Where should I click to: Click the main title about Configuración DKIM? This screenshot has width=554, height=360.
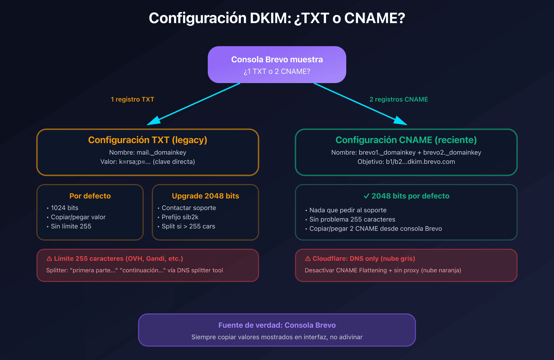click(x=277, y=18)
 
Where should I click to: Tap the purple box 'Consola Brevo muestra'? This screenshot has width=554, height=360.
click(x=277, y=65)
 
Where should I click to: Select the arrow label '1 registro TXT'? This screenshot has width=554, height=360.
click(x=132, y=99)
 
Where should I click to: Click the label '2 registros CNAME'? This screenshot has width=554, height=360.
click(x=398, y=99)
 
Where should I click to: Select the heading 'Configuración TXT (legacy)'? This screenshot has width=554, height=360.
click(x=147, y=140)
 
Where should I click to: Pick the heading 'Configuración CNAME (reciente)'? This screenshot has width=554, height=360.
click(x=406, y=140)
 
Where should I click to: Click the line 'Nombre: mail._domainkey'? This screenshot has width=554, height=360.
click(x=147, y=152)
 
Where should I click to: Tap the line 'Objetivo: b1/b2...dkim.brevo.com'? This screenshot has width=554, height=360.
click(x=406, y=162)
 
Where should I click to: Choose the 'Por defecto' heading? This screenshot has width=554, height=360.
click(x=90, y=196)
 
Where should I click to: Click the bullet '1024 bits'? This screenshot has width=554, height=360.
click(x=64, y=208)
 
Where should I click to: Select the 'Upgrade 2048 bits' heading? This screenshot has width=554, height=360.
click(x=205, y=196)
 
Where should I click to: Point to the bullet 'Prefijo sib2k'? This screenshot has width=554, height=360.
click(x=180, y=217)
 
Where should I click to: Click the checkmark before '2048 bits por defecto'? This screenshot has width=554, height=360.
click(x=366, y=196)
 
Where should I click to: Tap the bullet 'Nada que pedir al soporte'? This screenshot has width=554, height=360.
click(x=348, y=210)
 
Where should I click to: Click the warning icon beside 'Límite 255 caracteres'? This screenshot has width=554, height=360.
click(x=49, y=259)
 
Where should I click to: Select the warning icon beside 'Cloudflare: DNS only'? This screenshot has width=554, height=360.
click(x=308, y=259)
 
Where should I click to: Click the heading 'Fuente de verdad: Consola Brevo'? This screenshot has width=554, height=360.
click(x=277, y=325)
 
